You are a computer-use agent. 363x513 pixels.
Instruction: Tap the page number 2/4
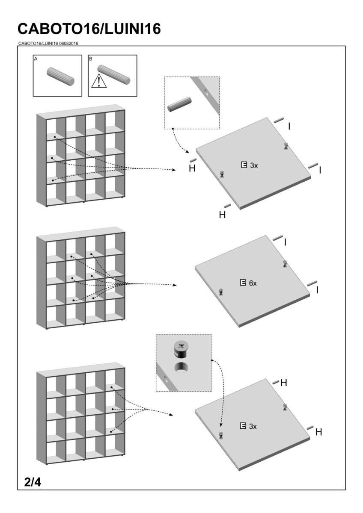point(32,483)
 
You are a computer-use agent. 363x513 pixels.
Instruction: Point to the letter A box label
point(36,59)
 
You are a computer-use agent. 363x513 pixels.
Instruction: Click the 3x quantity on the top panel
point(254,165)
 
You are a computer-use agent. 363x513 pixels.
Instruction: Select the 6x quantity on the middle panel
point(253,283)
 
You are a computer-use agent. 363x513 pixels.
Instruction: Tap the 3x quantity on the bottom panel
point(253,426)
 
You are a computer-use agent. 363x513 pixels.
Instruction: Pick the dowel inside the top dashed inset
point(179,104)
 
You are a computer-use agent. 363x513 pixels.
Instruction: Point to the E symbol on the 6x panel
point(243,283)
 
